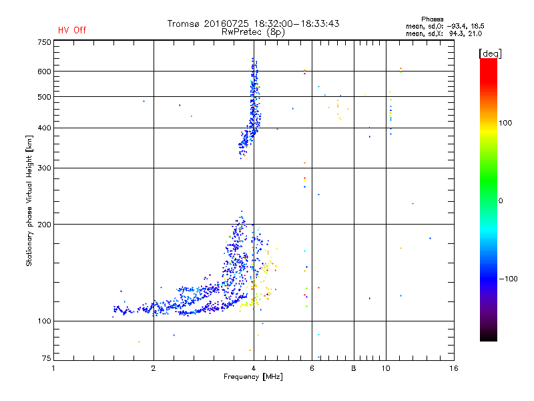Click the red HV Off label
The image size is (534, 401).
coord(72,30)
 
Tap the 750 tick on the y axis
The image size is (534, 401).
coord(44,42)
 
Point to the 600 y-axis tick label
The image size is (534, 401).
coord(44,72)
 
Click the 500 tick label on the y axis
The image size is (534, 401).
coord(44,97)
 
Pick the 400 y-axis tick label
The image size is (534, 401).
coord(44,128)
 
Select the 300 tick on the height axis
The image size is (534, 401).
coord(44,168)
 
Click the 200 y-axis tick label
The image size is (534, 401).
coord(44,225)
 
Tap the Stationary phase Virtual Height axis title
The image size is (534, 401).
coord(29,200)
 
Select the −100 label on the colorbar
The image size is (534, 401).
coord(511,278)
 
